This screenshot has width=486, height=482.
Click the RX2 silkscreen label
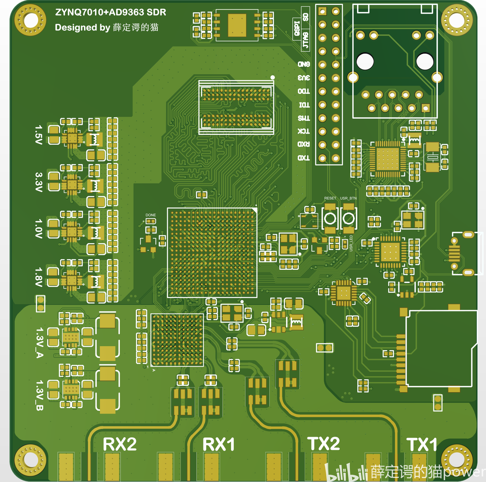pos(119,444)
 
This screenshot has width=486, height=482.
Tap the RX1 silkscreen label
pos(219,444)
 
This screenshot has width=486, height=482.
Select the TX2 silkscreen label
pos(324,444)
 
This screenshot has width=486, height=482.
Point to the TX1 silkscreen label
pos(422,444)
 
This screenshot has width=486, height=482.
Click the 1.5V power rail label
pos(38,135)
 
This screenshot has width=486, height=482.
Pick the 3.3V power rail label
pos(38,182)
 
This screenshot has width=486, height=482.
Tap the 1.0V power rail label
pos(38,229)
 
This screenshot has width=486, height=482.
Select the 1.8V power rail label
pos(38,277)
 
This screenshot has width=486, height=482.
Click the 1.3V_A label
pos(40,342)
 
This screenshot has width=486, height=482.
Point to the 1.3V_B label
pos(40,395)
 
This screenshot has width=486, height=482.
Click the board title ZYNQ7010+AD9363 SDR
pos(110,12)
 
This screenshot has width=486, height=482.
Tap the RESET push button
pos(330,218)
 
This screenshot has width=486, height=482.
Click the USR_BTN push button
pos(349,218)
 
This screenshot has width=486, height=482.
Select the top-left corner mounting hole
pos(30,20)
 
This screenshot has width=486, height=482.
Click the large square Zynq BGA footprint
pos(212,252)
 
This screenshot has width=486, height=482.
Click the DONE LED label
pos(150,215)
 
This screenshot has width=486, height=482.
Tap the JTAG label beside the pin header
pos(305,40)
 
